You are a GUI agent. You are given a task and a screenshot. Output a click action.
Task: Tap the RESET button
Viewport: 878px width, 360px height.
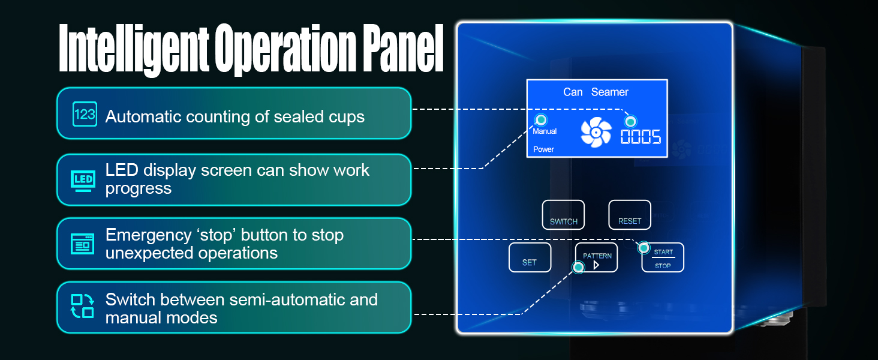click(630, 215)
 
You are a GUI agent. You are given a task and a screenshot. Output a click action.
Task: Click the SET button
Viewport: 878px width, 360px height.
click(530, 257)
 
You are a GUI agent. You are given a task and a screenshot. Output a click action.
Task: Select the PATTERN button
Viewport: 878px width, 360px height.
click(597, 257)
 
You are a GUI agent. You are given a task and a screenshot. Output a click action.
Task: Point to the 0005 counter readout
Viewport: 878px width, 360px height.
click(641, 137)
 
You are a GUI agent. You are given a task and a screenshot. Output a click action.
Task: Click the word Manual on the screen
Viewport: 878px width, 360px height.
click(545, 131)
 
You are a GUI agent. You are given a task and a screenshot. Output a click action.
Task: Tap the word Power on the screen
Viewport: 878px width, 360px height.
click(543, 149)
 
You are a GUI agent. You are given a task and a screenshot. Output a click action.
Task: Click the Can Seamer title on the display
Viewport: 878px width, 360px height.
click(596, 92)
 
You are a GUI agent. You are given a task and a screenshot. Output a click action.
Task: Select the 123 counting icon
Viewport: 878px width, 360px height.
click(85, 114)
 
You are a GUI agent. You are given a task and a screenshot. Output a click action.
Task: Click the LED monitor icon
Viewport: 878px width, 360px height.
click(83, 180)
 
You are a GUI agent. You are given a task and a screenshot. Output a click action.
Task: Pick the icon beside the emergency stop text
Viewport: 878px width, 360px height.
click(83, 244)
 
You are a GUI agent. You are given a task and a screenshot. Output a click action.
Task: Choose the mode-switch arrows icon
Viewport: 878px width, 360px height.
click(83, 306)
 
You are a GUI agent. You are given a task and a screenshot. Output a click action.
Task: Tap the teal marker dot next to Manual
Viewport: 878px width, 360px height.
click(541, 119)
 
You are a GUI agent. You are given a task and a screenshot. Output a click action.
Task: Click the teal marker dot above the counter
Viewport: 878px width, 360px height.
click(630, 122)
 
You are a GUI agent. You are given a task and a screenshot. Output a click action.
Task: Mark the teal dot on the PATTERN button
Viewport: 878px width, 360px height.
click(578, 268)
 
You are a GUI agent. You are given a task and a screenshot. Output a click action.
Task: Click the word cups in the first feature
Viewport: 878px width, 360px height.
click(343, 116)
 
